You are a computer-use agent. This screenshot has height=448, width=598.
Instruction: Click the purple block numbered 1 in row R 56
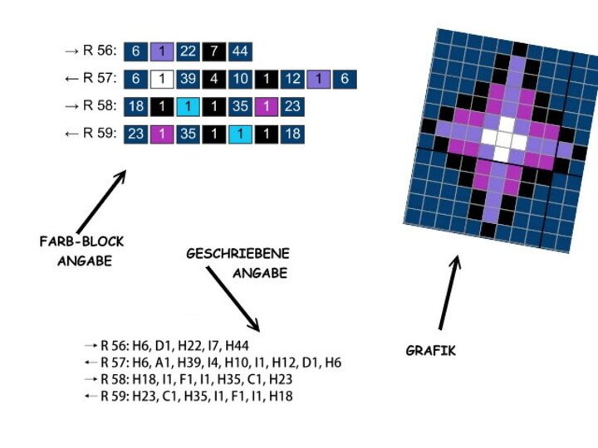point(162,51)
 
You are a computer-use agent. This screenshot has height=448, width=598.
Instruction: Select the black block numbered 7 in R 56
point(214,51)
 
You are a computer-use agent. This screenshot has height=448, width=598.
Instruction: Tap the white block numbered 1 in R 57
point(162,80)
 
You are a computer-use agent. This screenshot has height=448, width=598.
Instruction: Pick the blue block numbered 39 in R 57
point(188,80)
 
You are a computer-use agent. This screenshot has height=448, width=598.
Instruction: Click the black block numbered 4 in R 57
point(214,80)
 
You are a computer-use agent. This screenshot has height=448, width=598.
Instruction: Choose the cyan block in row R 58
point(188,107)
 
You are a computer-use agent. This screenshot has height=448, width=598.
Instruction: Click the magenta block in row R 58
point(267,107)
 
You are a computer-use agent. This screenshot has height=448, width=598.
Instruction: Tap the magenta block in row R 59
point(162,134)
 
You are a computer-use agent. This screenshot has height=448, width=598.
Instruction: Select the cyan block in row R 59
point(240,134)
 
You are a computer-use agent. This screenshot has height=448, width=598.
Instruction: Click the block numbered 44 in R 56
point(240,51)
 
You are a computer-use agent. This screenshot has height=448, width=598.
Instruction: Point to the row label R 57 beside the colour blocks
point(100,78)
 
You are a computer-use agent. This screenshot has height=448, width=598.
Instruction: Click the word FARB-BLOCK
point(82,241)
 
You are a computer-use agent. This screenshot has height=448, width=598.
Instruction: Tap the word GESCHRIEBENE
point(238,254)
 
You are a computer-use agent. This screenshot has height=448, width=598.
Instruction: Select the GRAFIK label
point(430,350)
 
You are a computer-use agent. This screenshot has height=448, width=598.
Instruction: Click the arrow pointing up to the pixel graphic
point(449,293)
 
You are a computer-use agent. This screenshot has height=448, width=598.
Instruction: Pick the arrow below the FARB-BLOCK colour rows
point(101,202)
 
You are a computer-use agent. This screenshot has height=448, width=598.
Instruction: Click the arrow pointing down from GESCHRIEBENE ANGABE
point(233,299)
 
